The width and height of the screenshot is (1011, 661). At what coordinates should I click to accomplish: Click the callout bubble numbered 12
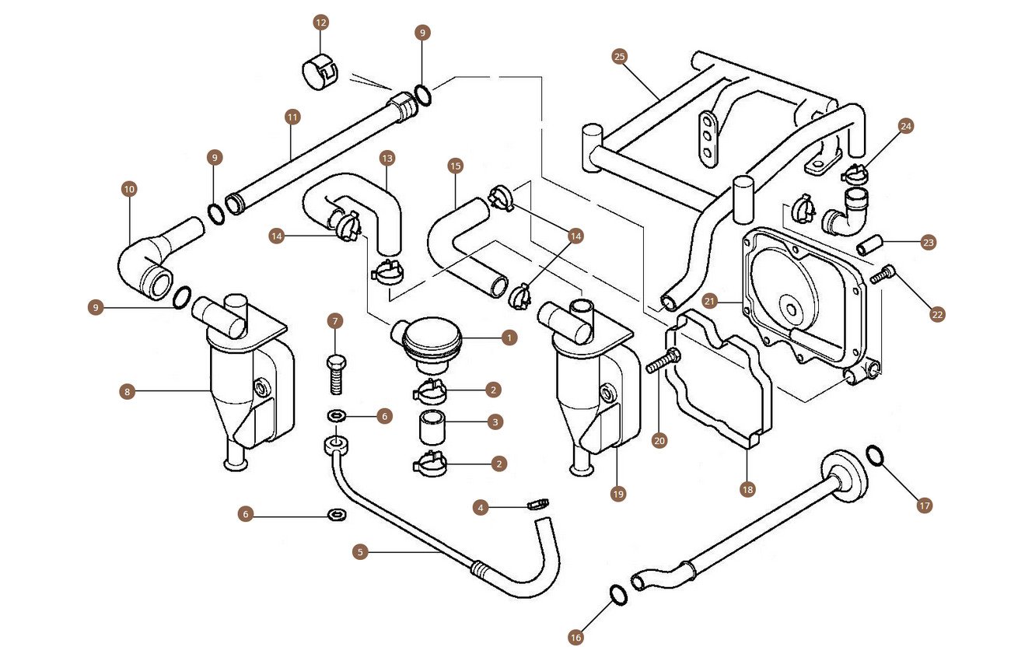tap(320, 23)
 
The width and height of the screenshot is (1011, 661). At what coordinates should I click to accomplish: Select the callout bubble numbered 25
tap(619, 56)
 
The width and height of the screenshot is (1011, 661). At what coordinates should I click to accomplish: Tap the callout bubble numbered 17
tap(924, 505)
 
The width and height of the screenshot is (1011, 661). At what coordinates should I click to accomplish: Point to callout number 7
tap(335, 320)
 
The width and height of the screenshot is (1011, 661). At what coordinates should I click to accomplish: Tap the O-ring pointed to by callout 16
tap(617, 595)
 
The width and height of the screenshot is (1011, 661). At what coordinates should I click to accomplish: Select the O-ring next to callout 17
tap(874, 455)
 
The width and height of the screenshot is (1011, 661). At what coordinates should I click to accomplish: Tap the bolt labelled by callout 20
tap(663, 362)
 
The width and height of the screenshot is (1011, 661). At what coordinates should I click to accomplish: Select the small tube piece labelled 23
tap(869, 248)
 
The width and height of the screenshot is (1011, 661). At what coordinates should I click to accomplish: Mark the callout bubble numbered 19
tap(618, 494)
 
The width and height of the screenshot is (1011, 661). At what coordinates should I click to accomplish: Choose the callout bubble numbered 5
tap(359, 551)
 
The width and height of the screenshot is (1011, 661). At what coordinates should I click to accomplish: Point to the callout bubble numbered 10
tap(129, 188)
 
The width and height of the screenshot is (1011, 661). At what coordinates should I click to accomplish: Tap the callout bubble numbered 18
tap(747, 489)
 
